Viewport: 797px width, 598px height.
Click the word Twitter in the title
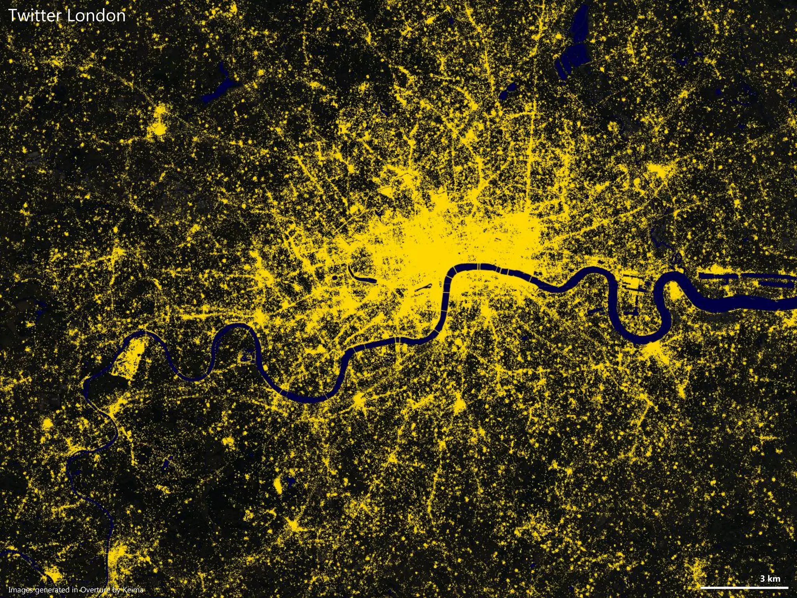point(35,16)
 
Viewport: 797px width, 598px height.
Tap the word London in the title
point(96,16)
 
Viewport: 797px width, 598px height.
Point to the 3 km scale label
point(770,579)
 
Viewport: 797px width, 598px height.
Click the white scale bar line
point(744,587)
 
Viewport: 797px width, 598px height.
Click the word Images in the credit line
point(21,590)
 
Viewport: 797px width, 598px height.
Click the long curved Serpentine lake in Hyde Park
point(358,275)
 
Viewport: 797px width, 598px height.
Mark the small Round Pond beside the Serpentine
point(335,278)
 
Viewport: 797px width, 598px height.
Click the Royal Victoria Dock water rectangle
point(720,276)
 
